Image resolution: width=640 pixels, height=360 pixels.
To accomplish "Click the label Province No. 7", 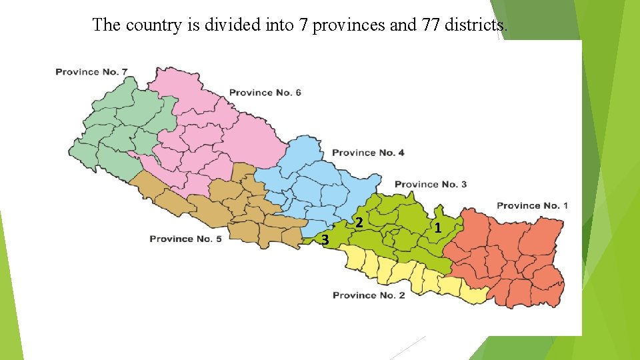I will click(91, 71).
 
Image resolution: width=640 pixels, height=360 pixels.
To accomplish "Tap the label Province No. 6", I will click(265, 93).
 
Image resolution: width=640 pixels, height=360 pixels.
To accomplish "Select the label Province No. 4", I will click(368, 153).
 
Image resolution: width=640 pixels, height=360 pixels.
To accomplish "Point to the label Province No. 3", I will click(431, 184).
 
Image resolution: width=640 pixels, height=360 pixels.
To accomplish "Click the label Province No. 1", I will click(532, 205).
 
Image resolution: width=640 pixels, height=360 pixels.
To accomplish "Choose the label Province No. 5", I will click(185, 239).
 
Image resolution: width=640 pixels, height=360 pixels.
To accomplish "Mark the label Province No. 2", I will click(369, 295).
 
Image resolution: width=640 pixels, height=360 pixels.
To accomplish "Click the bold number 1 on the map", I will click(437, 228).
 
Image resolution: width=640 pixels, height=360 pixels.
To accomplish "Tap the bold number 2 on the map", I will click(359, 222).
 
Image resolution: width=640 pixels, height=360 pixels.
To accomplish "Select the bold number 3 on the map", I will click(325, 239).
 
